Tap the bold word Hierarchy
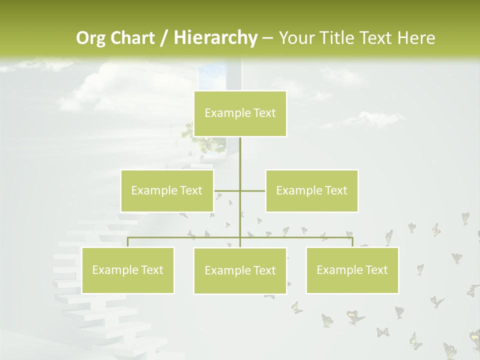pyautogui.click(x=215, y=38)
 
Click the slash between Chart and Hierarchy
pyautogui.click(x=164, y=38)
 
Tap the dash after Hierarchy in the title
pyautogui.click(x=267, y=38)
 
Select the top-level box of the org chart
pyautogui.click(x=240, y=113)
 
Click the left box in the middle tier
pyautogui.click(x=167, y=190)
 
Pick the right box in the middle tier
pyautogui.click(x=312, y=190)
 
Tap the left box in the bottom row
pyautogui.click(x=127, y=270)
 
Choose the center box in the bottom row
pyautogui.click(x=240, y=270)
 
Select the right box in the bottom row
pyautogui.click(x=352, y=270)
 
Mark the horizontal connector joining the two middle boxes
pyautogui.click(x=252, y=190)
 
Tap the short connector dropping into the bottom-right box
pyautogui.click(x=352, y=242)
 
